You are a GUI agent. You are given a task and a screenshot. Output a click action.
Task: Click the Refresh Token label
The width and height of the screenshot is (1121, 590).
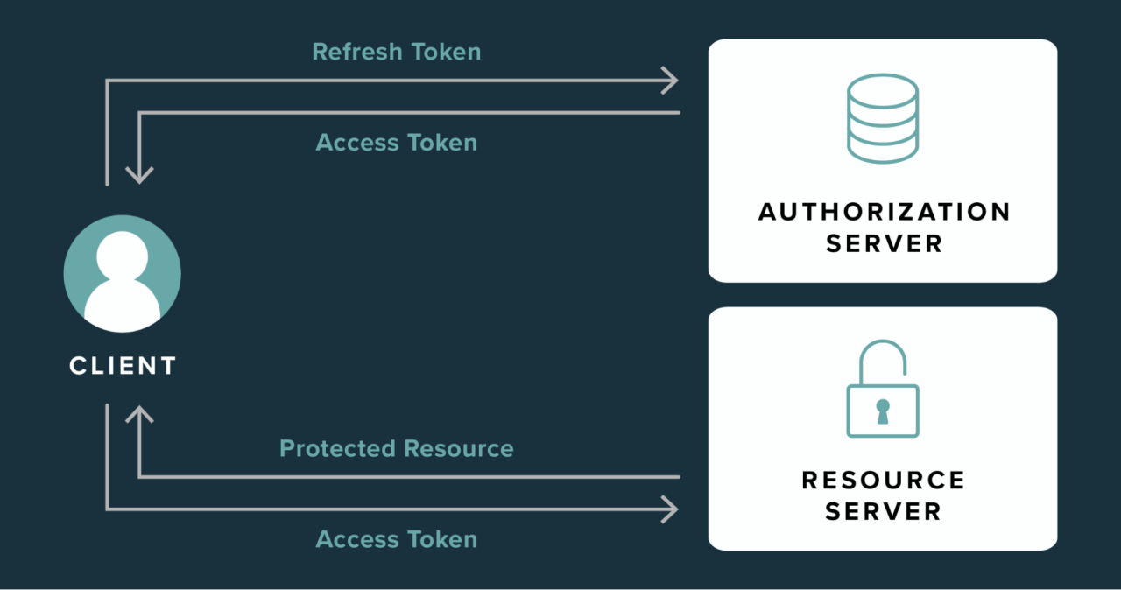click(x=396, y=52)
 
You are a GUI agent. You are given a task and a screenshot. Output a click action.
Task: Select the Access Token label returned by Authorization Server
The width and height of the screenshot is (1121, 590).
click(x=396, y=143)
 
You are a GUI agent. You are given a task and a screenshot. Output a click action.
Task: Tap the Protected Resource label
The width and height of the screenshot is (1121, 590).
click(x=396, y=449)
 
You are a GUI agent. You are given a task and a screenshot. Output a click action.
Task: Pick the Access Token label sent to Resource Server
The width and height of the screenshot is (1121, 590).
click(x=396, y=539)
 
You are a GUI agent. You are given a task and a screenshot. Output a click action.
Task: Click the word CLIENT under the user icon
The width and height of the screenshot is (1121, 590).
click(x=123, y=365)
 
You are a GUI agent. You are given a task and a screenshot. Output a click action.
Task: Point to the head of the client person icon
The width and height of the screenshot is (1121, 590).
click(x=123, y=254)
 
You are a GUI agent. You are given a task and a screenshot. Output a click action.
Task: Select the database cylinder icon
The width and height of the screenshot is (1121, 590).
click(x=882, y=118)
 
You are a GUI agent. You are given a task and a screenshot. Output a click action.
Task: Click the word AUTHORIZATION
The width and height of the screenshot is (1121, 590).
click(x=884, y=212)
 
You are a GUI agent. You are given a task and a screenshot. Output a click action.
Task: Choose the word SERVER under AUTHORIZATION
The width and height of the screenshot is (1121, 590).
click(x=884, y=243)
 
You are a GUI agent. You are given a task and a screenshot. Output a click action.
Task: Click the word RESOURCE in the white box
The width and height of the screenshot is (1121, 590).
click(x=883, y=480)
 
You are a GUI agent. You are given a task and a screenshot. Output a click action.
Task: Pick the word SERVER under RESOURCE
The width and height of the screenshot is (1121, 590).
click(x=883, y=511)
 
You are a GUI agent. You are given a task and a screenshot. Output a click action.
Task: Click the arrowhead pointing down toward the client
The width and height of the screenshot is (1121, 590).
click(x=139, y=175)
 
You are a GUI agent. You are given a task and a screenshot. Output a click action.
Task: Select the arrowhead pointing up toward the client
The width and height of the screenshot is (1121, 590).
click(x=139, y=412)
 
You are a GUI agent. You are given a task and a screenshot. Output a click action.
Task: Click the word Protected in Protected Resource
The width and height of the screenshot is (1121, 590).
click(x=337, y=449)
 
